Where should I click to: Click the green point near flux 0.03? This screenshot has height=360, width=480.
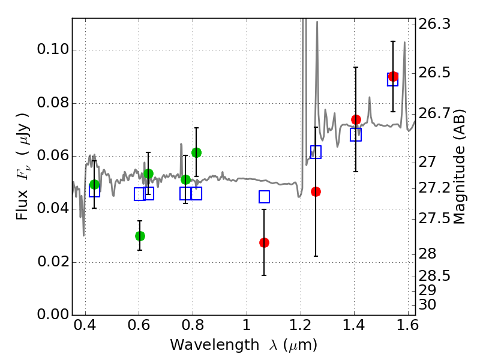[x=140, y=236]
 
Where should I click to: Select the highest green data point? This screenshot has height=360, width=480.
[x=197, y=152]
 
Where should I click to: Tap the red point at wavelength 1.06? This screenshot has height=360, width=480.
[x=264, y=243]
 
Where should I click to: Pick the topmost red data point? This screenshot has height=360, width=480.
[x=393, y=77]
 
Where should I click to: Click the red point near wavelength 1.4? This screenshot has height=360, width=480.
[x=356, y=119]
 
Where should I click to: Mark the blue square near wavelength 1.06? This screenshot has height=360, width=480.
[x=264, y=197]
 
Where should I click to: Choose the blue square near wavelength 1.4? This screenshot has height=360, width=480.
[x=356, y=134]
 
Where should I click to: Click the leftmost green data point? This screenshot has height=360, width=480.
[x=95, y=185]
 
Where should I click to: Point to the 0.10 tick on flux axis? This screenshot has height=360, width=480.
[x=53, y=49]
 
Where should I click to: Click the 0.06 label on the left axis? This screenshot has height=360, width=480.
[x=53, y=155]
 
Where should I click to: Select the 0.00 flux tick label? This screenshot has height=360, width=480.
[x=53, y=314]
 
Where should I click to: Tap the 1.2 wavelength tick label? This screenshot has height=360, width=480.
[x=301, y=325]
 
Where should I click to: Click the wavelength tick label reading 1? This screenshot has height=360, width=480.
[x=247, y=325]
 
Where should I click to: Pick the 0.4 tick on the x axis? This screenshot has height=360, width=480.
[x=85, y=325]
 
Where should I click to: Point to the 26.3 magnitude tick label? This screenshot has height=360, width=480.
[x=434, y=24]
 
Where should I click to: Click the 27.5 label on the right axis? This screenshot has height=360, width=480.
[x=434, y=218]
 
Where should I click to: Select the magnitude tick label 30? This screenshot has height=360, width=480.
[x=427, y=305]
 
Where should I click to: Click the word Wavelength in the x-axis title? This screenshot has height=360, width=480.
[x=215, y=345]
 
